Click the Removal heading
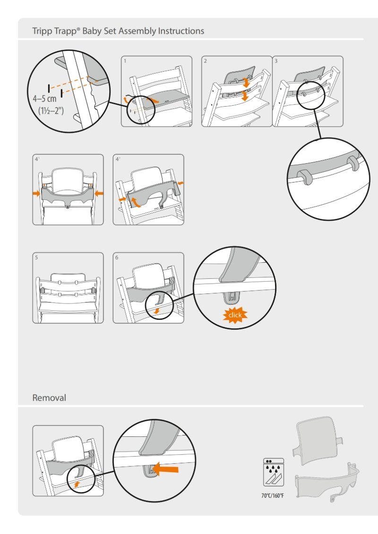(49, 398)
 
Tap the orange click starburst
(235, 315)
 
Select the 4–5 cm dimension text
(45, 99)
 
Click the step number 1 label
(125, 61)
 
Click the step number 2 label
(206, 61)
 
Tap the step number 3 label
(276, 61)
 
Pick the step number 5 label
(36, 258)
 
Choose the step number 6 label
(117, 258)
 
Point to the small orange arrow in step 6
(156, 311)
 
